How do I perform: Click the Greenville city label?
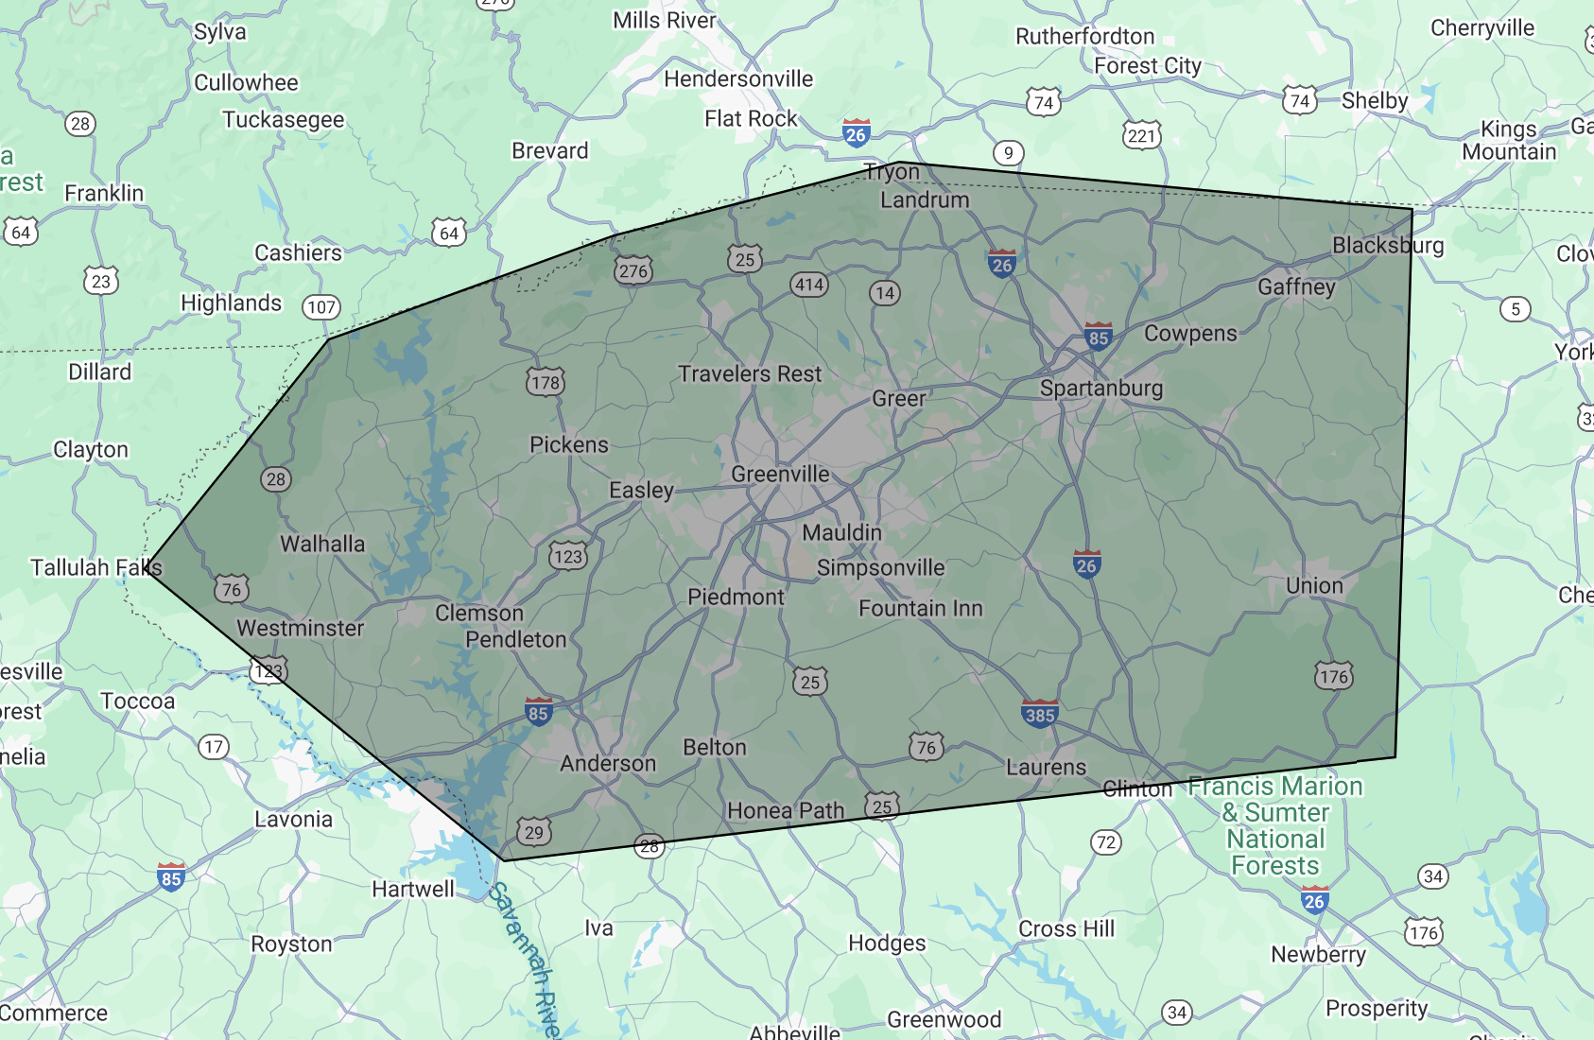(x=780, y=475)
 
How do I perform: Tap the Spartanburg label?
(x=1101, y=389)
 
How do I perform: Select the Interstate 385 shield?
(x=1039, y=714)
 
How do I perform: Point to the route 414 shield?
(x=809, y=285)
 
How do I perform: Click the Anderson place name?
(x=608, y=764)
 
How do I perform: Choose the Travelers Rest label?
(x=750, y=374)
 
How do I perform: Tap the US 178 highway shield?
(x=546, y=382)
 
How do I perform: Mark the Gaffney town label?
(x=1296, y=287)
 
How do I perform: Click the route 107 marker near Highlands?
(x=321, y=307)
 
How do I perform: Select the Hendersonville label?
(x=738, y=79)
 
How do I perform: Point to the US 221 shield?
(x=1141, y=135)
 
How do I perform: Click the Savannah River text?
(x=527, y=960)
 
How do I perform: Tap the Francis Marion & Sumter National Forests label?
(x=1275, y=825)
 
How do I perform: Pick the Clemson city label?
(x=479, y=614)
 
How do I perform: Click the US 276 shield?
(x=633, y=271)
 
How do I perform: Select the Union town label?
(x=1314, y=586)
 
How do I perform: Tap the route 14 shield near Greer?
(x=885, y=293)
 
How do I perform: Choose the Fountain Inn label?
(x=921, y=609)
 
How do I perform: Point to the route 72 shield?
(x=1106, y=842)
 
